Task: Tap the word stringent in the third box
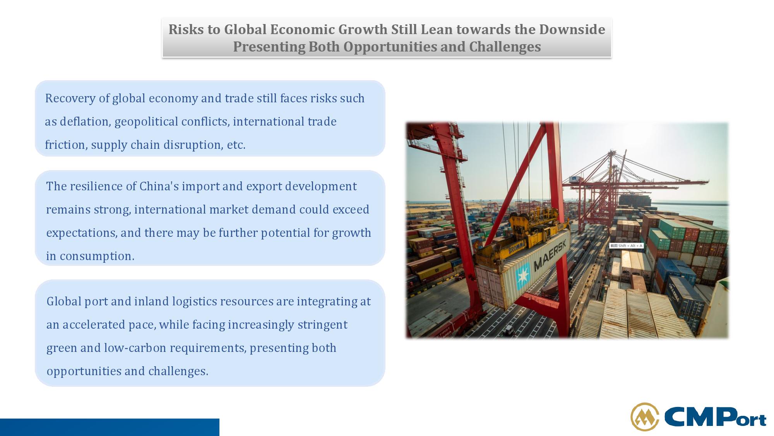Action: [322, 325]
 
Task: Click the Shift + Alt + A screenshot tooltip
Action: [626, 246]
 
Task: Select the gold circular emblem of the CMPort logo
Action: [645, 417]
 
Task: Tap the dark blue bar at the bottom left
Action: [110, 427]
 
